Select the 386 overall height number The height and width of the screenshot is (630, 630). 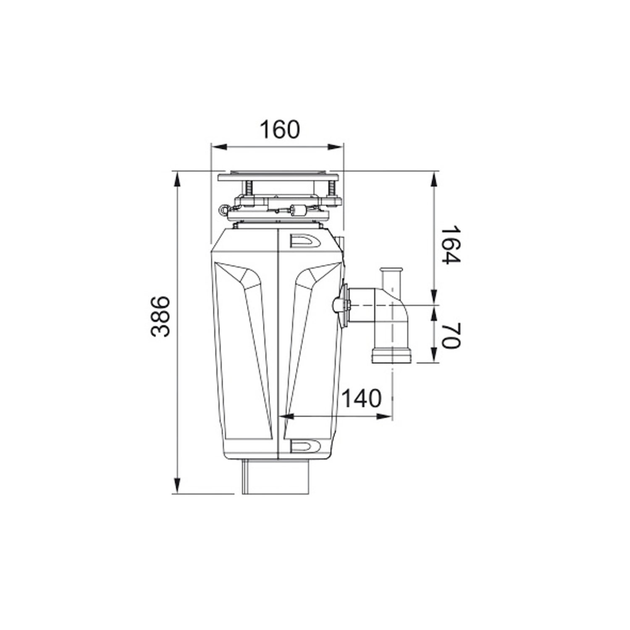coord(160,316)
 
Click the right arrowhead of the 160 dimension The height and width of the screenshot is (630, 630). coord(336,147)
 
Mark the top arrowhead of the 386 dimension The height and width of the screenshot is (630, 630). coord(178,180)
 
